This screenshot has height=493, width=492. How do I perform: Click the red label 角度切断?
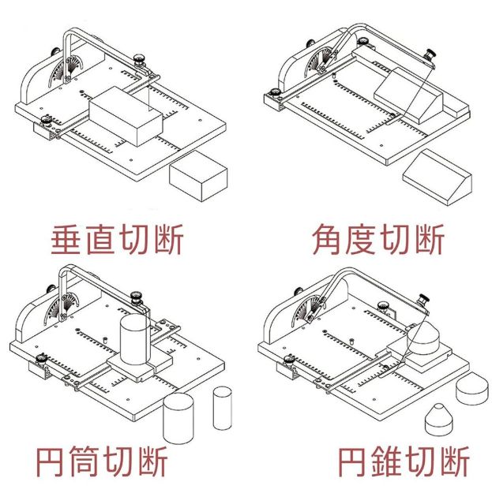377,238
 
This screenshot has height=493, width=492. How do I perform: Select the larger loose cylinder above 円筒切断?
178,420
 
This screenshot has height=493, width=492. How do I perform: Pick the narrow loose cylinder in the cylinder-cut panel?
223,406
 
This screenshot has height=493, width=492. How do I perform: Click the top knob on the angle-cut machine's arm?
430,54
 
